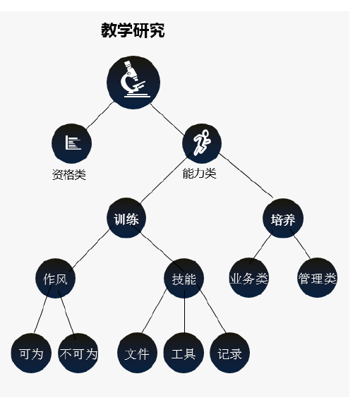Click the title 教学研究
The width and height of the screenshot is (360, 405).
pyautogui.click(x=133, y=30)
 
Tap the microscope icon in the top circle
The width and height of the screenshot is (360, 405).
pyautogui.click(x=133, y=80)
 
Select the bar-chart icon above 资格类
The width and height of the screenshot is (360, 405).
pyautogui.click(x=73, y=143)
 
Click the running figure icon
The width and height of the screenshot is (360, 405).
pyautogui.click(x=202, y=143)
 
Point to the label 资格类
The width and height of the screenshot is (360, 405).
pyautogui.click(x=69, y=174)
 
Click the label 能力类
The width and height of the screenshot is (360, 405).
pyautogui.click(x=200, y=173)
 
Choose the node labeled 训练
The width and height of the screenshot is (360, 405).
pyautogui.click(x=126, y=218)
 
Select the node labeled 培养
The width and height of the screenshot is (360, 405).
pyautogui.click(x=283, y=219)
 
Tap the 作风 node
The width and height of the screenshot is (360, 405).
pyautogui.click(x=55, y=279)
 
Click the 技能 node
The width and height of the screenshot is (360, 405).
pyautogui.click(x=184, y=279)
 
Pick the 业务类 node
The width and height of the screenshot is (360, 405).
pyautogui.click(x=248, y=278)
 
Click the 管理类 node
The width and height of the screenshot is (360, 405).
pyautogui.click(x=318, y=278)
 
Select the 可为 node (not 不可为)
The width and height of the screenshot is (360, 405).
pyautogui.click(x=31, y=353)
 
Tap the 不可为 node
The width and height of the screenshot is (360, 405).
pyautogui.click(x=78, y=353)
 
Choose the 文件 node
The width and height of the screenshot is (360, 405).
pyautogui.click(x=137, y=353)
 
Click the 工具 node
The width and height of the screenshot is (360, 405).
pyautogui.click(x=184, y=353)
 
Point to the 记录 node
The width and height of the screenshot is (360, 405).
pyautogui.click(x=229, y=353)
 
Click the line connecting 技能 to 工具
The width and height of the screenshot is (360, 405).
pyautogui.click(x=184, y=312)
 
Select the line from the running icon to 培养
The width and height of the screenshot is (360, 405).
pyautogui.click(x=246, y=176)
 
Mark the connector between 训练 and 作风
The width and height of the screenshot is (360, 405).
pyautogui.click(x=90, y=248)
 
